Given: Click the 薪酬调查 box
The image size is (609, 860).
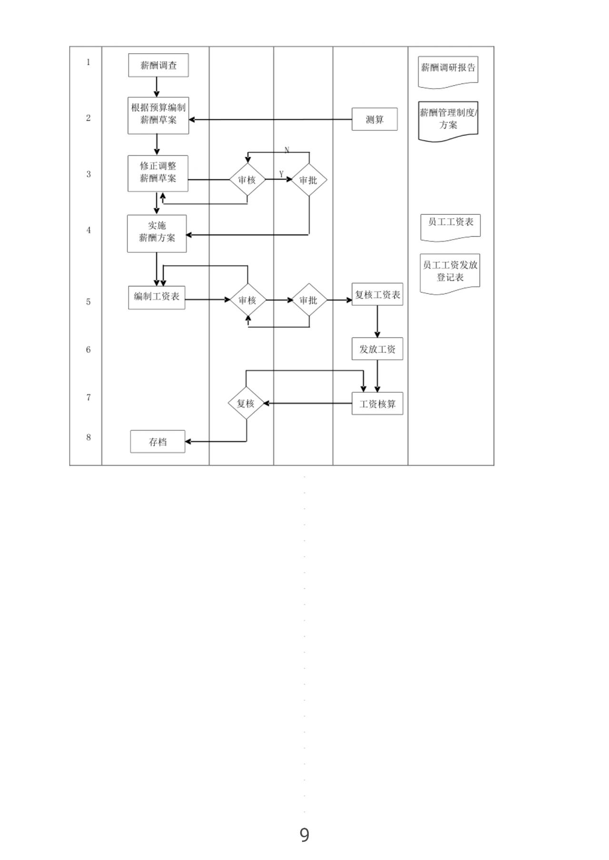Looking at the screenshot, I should (158, 66).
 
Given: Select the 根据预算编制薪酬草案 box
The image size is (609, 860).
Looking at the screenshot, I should (158, 116).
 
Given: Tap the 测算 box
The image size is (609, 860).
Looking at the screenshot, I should (374, 119).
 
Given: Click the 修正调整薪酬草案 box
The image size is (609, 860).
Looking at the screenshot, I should (158, 173).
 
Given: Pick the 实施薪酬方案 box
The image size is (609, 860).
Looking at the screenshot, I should (157, 233).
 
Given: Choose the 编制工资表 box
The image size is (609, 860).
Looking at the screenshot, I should (157, 298).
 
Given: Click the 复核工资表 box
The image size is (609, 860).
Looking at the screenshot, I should (377, 295).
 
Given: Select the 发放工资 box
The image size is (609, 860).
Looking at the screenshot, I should (377, 349).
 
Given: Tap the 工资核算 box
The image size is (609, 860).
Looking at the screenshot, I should (377, 404).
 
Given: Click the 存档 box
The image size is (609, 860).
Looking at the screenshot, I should (158, 442).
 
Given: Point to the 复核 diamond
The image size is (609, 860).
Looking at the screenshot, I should (246, 403).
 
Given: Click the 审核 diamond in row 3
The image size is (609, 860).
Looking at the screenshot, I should (247, 180).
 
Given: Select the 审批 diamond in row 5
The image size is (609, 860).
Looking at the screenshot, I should (309, 300).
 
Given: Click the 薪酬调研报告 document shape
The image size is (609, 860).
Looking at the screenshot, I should (448, 70).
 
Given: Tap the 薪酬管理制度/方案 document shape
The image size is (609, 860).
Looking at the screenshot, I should (448, 120).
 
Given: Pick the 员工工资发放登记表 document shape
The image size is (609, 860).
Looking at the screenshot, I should (450, 272).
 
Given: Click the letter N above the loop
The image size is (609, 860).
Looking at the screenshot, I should (287, 150).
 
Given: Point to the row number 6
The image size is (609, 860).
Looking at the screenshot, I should (88, 350).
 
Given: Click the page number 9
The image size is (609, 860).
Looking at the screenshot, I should (304, 835).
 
